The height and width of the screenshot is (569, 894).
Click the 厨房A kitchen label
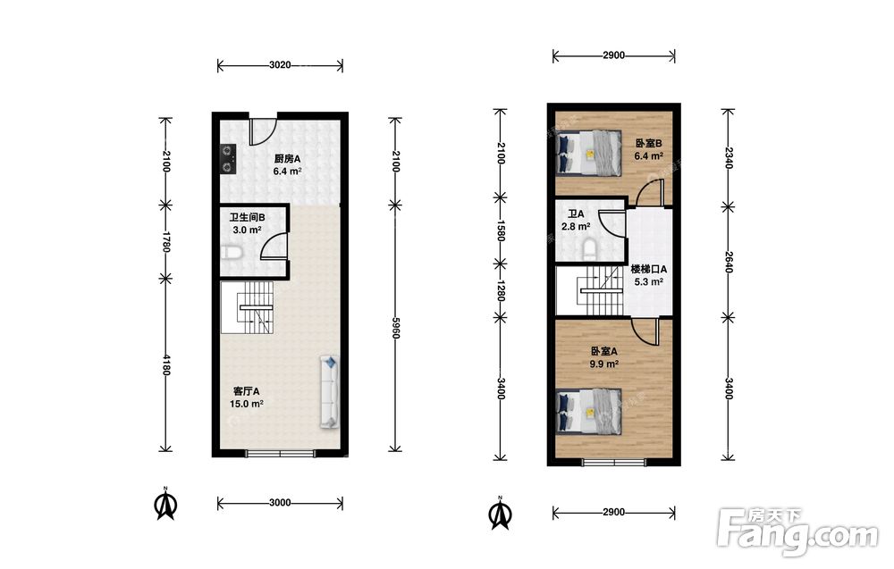287,159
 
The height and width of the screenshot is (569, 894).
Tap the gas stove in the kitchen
229,159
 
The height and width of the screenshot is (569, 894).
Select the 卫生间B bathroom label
247,218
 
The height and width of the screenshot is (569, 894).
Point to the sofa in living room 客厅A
330,392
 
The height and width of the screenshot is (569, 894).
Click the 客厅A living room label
247,391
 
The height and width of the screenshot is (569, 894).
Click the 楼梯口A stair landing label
648,269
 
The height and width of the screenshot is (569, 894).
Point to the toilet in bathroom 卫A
589,249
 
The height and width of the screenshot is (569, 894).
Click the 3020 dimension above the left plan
280,65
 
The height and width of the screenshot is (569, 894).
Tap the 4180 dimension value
166,364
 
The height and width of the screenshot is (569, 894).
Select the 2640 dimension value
728,262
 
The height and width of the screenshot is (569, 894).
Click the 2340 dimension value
728,158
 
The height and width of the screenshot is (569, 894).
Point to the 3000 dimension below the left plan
280,503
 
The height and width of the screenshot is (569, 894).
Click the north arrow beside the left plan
166,504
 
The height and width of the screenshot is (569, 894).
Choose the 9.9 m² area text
603,364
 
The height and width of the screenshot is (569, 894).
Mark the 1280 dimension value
500,290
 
